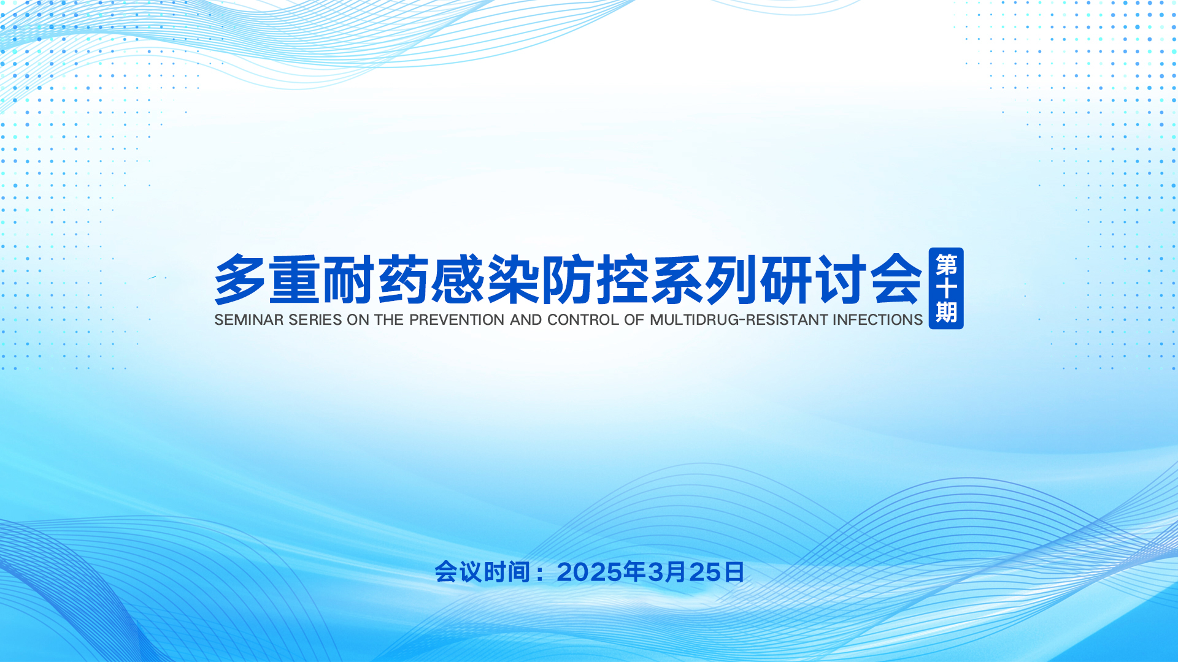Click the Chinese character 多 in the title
click(x=240, y=280)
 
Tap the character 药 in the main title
click(x=403, y=280)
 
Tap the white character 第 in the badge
click(x=946, y=265)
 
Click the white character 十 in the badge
click(x=946, y=289)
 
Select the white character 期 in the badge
click(x=946, y=312)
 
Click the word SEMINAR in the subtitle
click(x=249, y=320)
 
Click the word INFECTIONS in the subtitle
click(x=877, y=320)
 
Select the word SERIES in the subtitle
click(x=315, y=320)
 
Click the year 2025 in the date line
click(x=590, y=573)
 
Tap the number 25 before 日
click(x=705, y=573)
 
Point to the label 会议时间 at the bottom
click(x=482, y=573)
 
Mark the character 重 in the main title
click(x=294, y=280)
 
